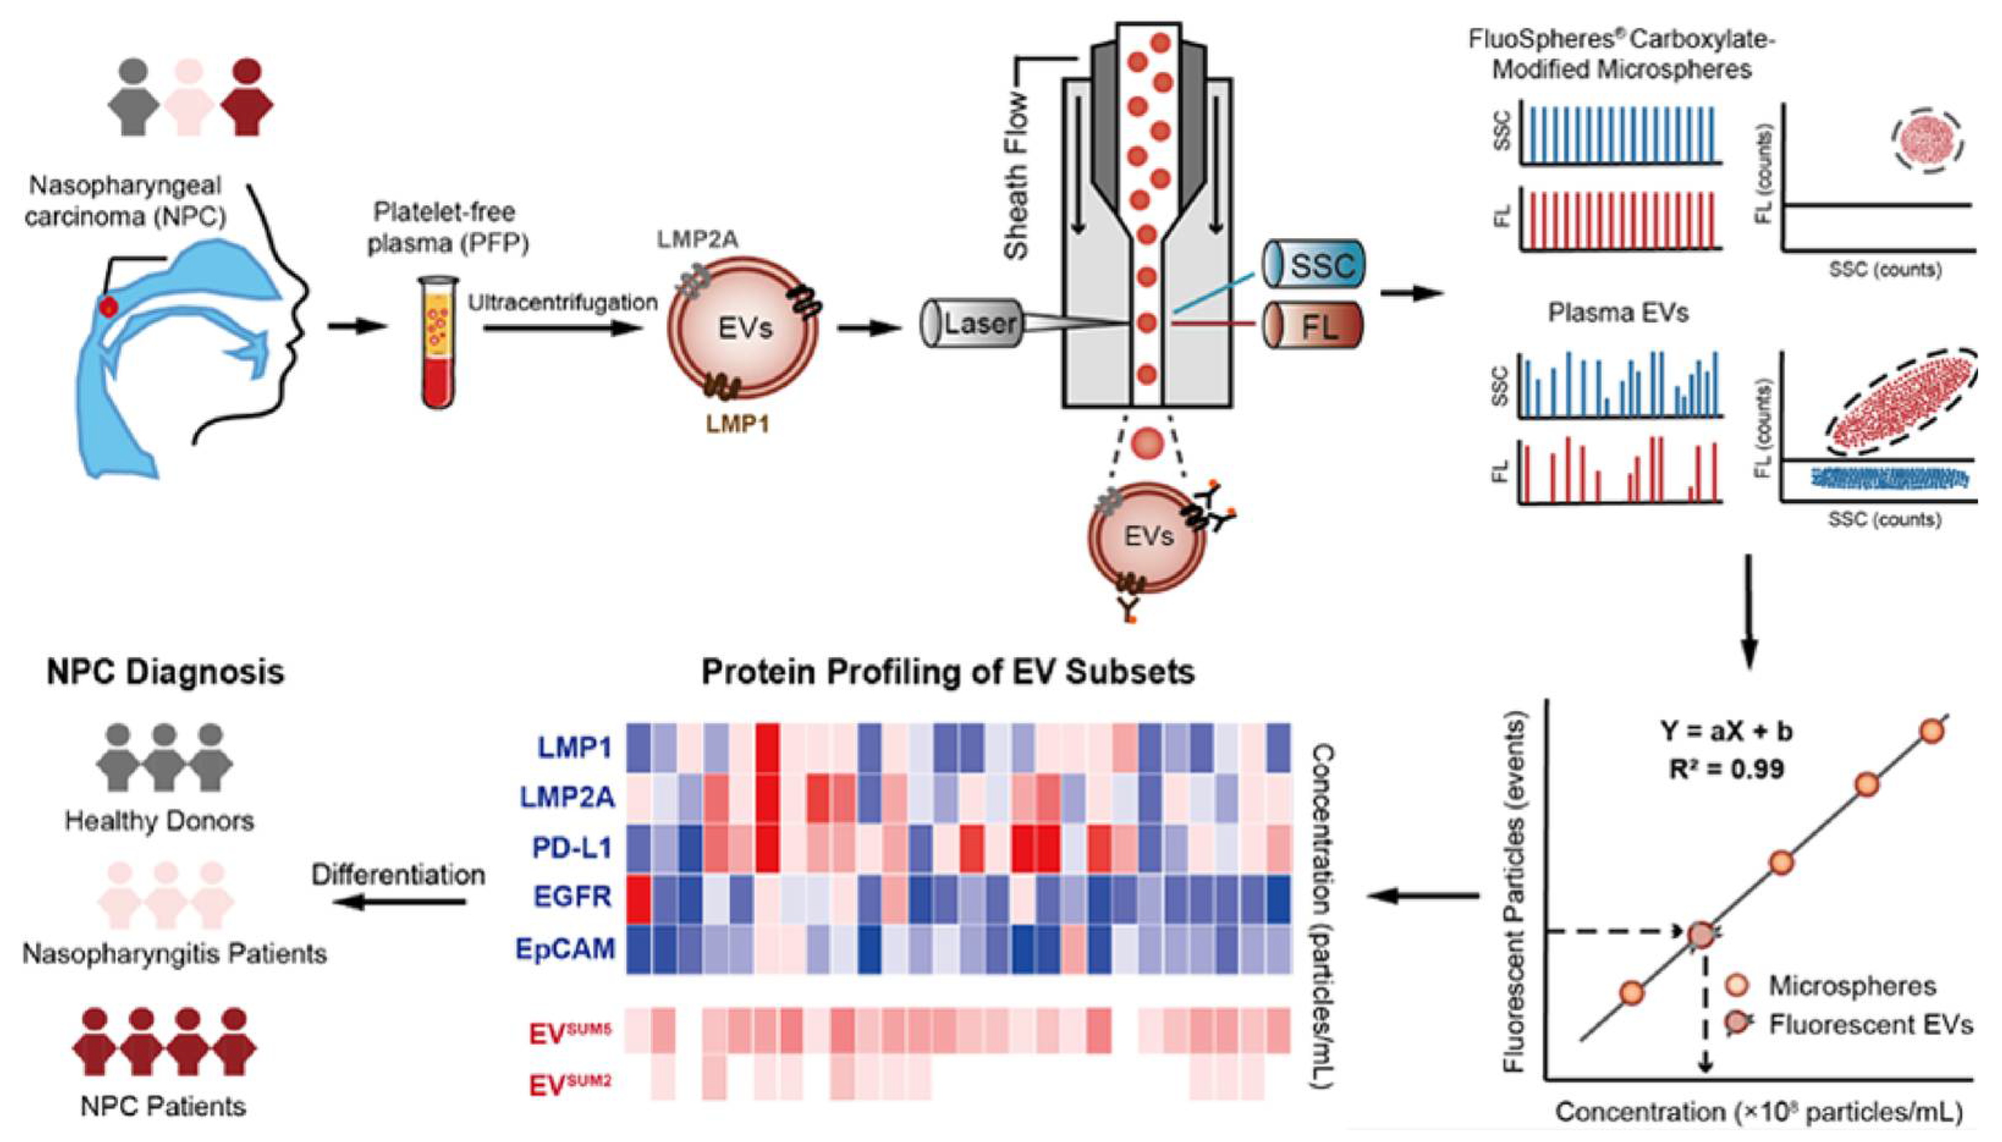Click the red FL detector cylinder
click(1312, 326)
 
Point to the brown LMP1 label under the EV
click(737, 424)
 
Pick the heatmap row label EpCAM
click(565, 949)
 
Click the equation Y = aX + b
click(1726, 731)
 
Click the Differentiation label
click(398, 875)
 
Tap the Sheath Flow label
click(1017, 176)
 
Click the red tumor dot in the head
click(109, 307)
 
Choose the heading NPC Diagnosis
click(166, 672)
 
